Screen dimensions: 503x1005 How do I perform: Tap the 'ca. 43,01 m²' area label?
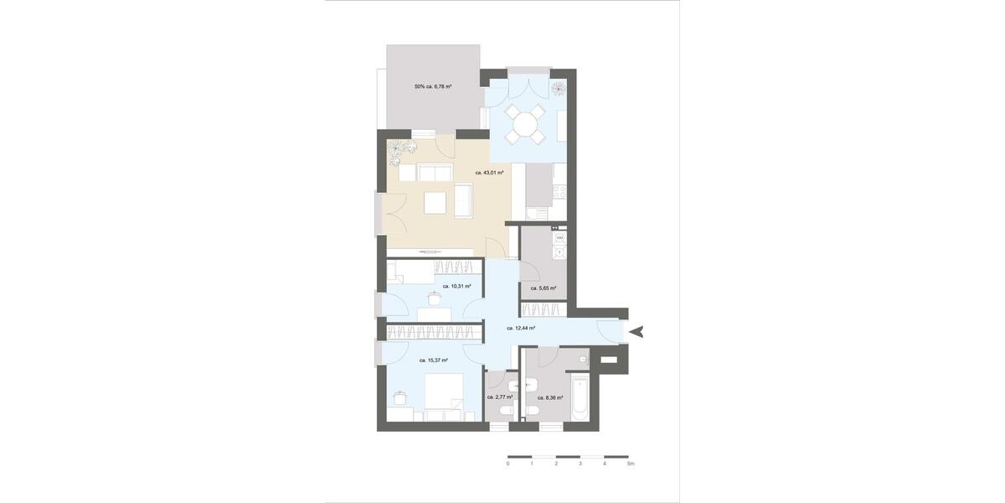pos(489,173)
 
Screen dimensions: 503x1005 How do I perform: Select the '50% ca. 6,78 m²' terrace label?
pos(433,86)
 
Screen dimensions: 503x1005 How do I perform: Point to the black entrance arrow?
pos(637,332)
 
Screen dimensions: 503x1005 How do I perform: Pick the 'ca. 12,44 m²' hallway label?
pos(521,329)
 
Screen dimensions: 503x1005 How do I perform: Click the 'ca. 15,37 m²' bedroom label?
pos(433,360)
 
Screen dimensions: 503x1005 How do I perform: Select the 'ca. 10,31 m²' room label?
pos(456,286)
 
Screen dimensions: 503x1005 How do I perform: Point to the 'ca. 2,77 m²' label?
pos(499,397)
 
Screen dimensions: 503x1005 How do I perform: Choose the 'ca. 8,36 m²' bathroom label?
pos(549,397)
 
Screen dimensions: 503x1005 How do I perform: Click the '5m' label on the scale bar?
pos(631,464)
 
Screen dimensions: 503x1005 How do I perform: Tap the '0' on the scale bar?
pos(508,464)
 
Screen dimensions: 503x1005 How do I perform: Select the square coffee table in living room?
pos(435,203)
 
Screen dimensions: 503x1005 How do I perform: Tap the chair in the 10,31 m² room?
pos(435,297)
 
